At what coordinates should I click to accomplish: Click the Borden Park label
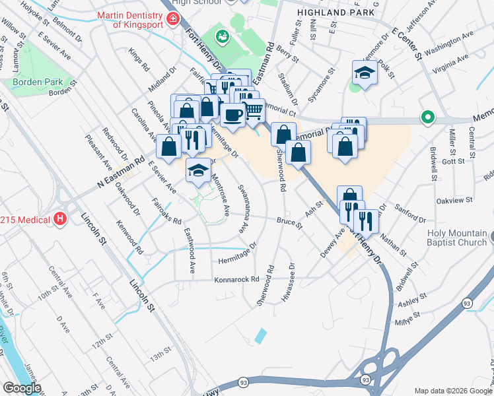point(38,82)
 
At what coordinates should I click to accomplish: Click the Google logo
point(21,388)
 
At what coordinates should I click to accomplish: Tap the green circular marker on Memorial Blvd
point(427,119)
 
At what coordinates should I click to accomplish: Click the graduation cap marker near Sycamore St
point(364,72)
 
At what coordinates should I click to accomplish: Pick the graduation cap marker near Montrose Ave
point(198,170)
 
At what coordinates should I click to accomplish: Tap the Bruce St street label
point(289,223)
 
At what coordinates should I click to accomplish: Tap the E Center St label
point(406,42)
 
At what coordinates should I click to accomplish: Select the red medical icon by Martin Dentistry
point(174,18)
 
